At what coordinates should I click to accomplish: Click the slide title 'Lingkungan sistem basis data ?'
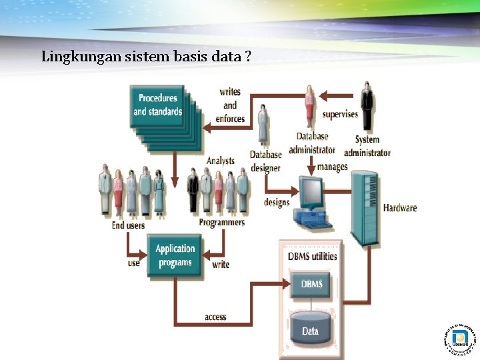146,57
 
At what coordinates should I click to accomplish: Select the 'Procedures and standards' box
157,105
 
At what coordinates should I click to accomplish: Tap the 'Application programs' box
175,255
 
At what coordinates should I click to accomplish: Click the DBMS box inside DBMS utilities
311,285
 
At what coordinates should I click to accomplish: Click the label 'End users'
128,225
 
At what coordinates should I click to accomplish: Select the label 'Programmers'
221,222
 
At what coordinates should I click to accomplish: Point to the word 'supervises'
340,114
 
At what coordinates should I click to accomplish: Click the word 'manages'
332,167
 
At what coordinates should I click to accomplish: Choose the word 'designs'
277,202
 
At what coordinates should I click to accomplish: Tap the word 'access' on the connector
215,317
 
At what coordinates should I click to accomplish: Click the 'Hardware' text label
400,207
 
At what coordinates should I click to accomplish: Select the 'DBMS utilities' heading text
312,256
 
